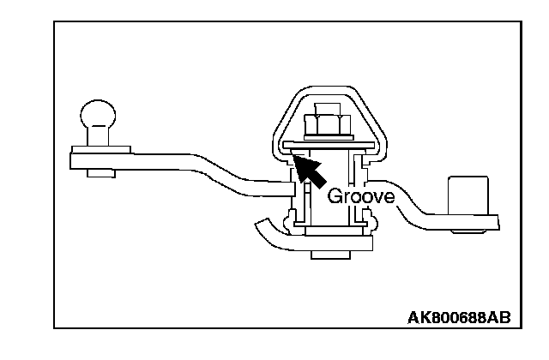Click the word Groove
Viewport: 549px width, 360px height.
pos(360,196)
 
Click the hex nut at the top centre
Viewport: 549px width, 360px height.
pos(326,126)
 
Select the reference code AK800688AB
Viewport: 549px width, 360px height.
pos(458,318)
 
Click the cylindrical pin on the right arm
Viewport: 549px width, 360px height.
pos(467,196)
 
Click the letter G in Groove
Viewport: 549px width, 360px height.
pos(335,196)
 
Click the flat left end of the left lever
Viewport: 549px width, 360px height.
pos(74,159)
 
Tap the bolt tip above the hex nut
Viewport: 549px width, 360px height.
pos(326,106)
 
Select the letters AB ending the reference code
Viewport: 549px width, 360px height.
pos(500,318)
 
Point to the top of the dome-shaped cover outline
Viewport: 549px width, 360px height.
pos(326,88)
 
